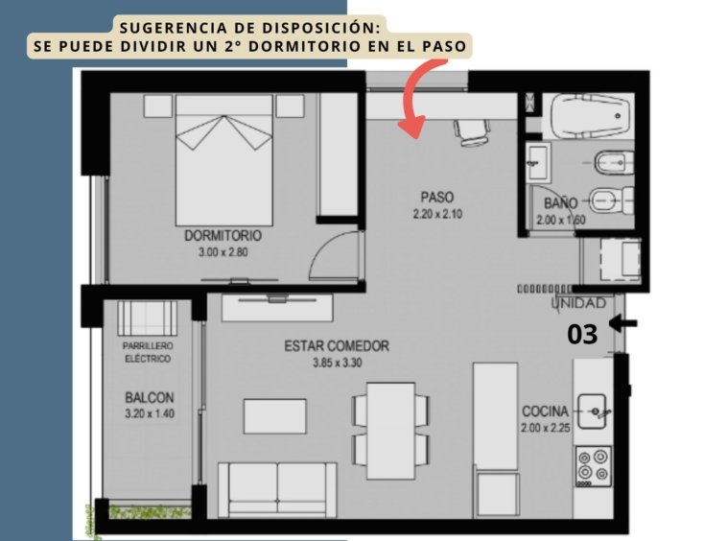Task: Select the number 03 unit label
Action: pos(582,334)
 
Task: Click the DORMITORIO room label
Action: pos(223,236)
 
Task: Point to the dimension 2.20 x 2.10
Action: pos(437,214)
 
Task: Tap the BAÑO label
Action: pos(560,203)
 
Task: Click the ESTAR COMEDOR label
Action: pos(337,346)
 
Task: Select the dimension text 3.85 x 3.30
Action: pos(337,363)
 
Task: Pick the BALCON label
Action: pos(150,397)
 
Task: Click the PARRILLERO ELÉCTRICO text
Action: pos(148,352)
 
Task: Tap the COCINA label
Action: pos(545,412)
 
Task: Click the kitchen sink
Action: pos(592,412)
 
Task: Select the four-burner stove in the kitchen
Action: pos(594,466)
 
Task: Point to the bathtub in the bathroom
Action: pos(588,116)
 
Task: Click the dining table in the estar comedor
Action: pos(391,431)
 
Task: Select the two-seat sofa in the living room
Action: pos(277,489)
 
